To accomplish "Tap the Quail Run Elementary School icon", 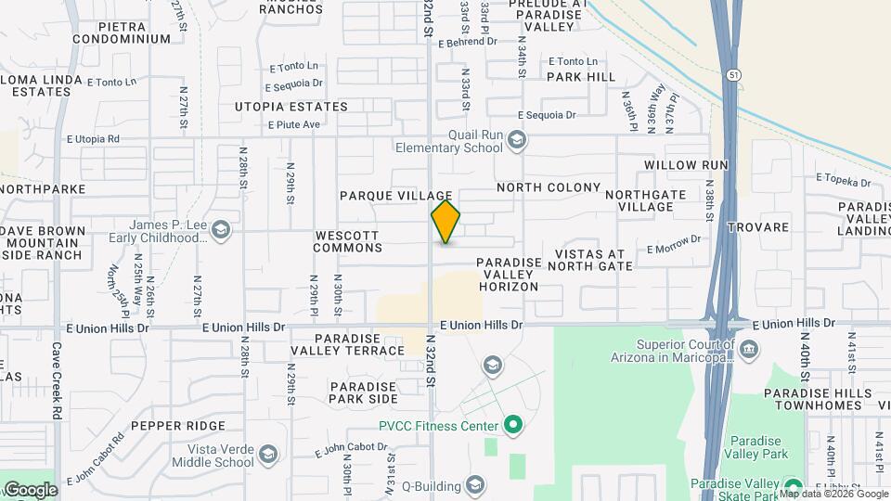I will pos(517,141).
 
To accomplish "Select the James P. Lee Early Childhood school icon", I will pos(220,229).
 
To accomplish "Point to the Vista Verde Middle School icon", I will pos(267,454).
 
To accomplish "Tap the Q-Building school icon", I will pos(475,485).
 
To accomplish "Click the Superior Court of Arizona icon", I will pos(750,349).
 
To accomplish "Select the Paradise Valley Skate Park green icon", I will pos(792,486).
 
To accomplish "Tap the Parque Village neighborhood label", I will pos(395,196).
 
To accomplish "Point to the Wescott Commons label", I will pos(348,241).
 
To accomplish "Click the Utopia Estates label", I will pos(291,107).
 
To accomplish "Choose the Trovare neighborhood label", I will pos(758,227).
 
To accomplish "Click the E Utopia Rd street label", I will pos(94,139).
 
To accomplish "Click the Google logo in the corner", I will pos(30,490).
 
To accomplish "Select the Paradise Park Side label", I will pos(363,392).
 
